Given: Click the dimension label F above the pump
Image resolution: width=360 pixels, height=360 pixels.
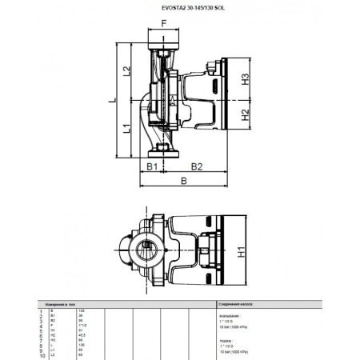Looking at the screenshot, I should [164, 24].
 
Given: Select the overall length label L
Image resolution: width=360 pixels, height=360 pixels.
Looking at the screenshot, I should [112, 100].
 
